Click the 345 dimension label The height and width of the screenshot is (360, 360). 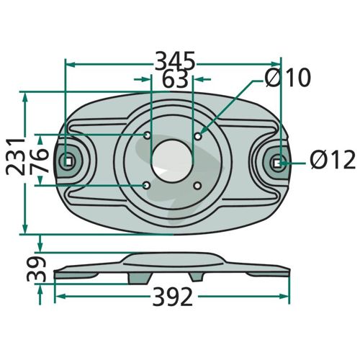click(x=174, y=61)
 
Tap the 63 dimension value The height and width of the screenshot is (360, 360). click(x=175, y=79)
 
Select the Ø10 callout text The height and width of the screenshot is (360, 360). click(x=288, y=77)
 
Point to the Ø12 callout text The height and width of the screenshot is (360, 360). click(x=333, y=160)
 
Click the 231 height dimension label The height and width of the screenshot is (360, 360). click(x=16, y=157)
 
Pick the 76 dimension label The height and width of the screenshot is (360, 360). click(x=39, y=161)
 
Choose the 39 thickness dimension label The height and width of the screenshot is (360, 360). click(x=36, y=269)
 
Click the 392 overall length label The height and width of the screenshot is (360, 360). click(x=173, y=297)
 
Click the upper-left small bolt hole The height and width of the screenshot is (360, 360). click(x=147, y=135)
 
